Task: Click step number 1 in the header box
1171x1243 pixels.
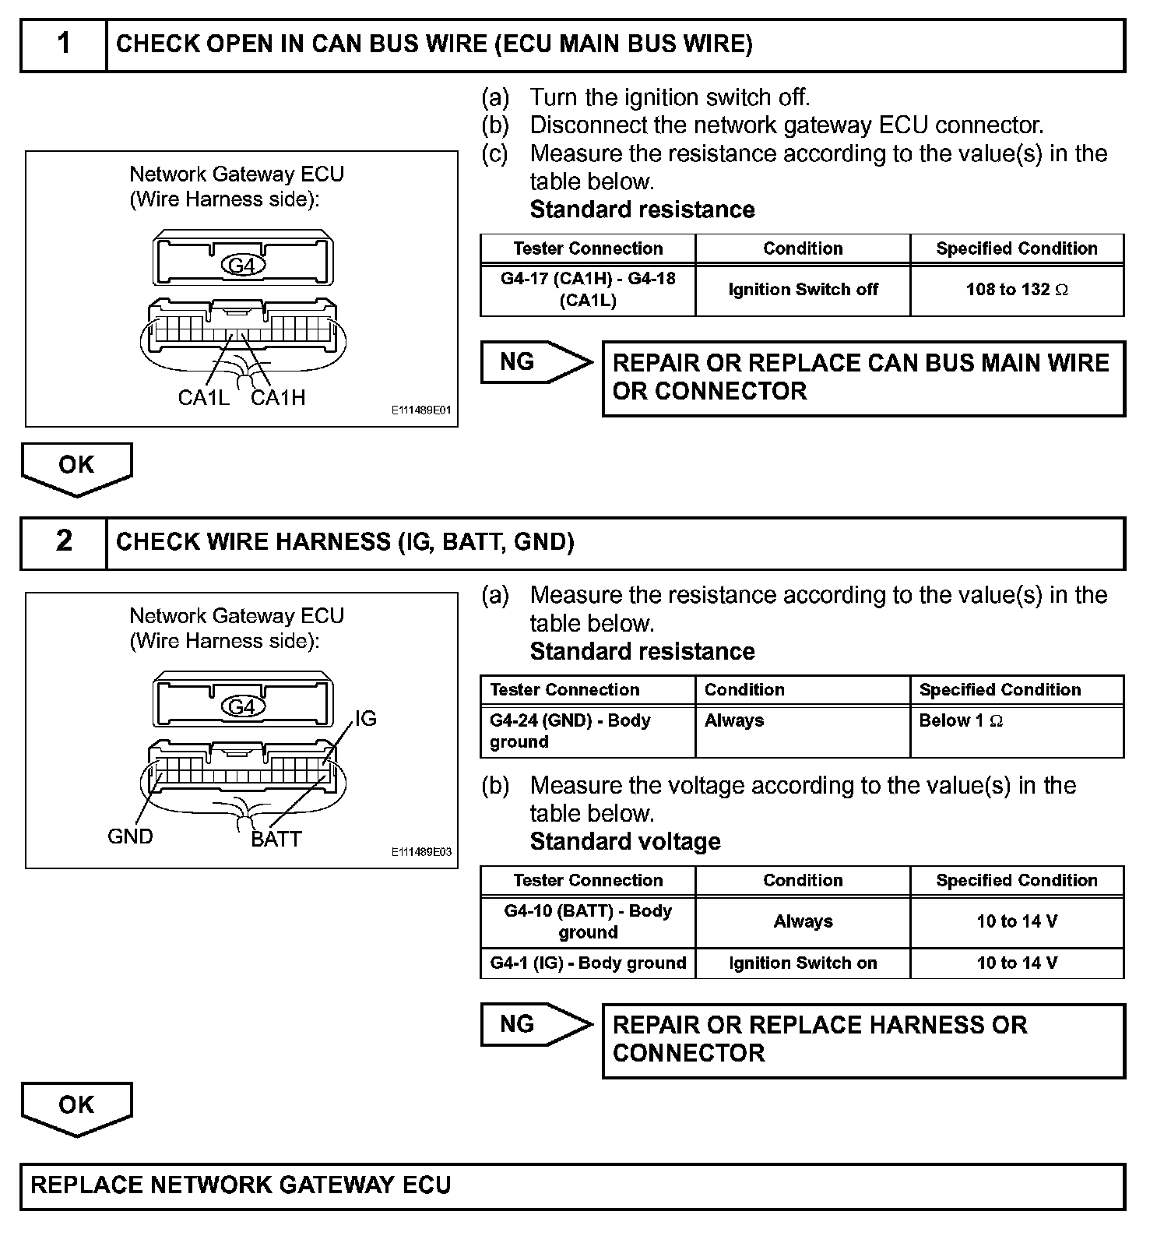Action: point(64,44)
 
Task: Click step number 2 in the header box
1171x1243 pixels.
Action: point(64,541)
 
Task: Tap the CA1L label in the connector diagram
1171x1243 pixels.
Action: point(203,398)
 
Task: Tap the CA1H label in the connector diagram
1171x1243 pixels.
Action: point(278,398)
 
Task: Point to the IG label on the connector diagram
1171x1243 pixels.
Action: point(365,718)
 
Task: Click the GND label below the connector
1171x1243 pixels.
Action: point(130,836)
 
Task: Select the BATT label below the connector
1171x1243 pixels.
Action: point(276,840)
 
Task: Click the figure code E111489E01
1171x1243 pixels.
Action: point(421,410)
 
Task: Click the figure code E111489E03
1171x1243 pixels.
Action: point(421,852)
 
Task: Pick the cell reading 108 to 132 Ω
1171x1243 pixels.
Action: point(1017,291)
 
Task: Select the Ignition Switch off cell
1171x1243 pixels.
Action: point(803,291)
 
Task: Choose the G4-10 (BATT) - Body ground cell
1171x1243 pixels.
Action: point(588,921)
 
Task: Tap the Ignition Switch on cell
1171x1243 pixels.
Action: point(803,963)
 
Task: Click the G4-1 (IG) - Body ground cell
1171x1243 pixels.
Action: point(588,963)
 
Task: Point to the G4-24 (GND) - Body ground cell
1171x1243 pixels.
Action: point(588,731)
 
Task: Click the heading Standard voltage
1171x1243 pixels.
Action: point(625,842)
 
